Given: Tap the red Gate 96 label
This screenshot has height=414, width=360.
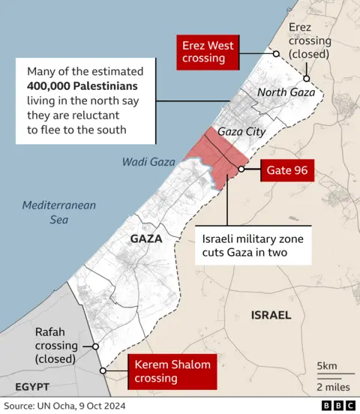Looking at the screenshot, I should tap(286, 170).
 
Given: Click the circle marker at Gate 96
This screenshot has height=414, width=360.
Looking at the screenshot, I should tap(241, 170).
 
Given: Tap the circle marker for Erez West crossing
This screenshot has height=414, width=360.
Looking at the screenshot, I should tap(276, 53).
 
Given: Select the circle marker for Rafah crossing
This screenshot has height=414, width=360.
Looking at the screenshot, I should tap(96, 346).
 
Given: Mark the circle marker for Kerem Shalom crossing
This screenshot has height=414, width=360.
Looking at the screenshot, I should tap(103, 371).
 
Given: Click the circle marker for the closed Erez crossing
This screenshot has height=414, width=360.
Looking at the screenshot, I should tap(307, 78).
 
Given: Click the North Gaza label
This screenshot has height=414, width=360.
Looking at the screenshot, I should tap(287, 93).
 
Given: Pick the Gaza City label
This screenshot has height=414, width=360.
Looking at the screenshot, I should tap(241, 131).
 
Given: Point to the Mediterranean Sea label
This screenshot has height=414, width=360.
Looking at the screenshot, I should tap(49, 212).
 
